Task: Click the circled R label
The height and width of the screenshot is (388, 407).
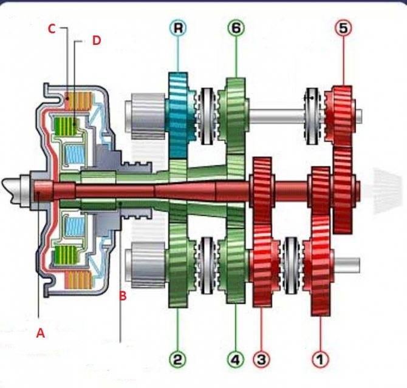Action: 178,28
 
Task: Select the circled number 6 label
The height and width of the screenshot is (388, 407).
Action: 236,28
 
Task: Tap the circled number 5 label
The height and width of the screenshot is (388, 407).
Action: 343,29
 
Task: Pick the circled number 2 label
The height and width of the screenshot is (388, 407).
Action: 177,359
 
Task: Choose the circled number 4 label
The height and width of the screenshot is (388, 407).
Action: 235,359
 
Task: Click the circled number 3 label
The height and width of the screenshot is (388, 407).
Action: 261,359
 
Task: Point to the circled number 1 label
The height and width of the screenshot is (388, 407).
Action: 320,359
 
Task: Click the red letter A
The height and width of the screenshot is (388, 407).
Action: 41,333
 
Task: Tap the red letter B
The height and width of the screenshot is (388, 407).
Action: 122,296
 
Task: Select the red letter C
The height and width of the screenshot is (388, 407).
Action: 52,28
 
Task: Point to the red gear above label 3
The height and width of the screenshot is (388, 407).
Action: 261,267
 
